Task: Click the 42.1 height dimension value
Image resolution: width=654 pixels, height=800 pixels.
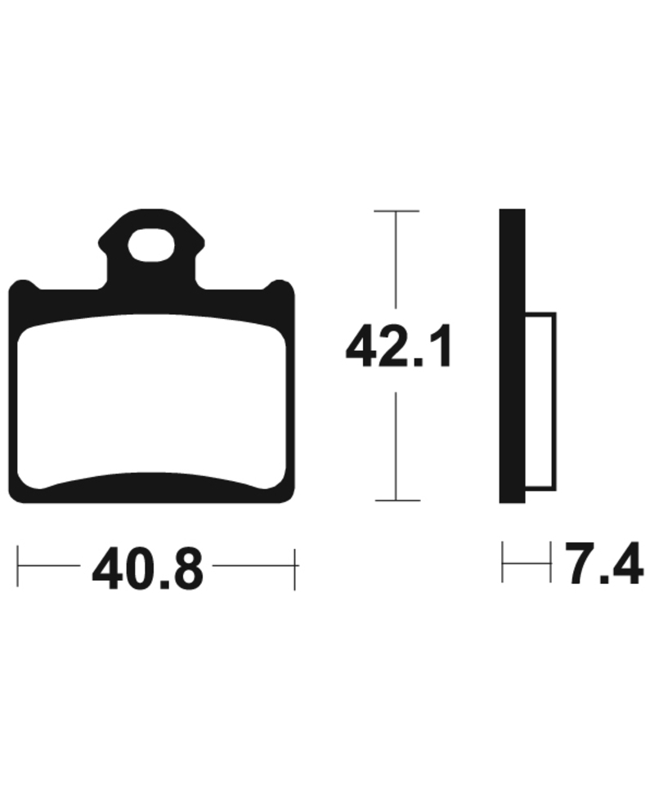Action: [398, 347]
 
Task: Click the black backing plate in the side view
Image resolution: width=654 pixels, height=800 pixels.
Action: [512, 356]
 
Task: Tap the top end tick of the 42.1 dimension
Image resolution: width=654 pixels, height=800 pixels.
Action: [396, 211]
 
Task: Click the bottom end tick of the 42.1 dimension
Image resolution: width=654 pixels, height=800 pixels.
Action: [396, 500]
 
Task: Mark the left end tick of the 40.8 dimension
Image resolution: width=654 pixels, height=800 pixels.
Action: [19, 564]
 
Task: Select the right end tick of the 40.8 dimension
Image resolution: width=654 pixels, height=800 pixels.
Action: [295, 564]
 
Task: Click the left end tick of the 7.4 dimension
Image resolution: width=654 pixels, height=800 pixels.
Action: [503, 561]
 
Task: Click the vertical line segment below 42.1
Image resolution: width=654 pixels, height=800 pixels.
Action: [396, 446]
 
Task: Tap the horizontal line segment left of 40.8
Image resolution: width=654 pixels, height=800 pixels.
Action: [49, 564]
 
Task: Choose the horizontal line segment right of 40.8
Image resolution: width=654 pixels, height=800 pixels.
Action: [253, 564]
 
